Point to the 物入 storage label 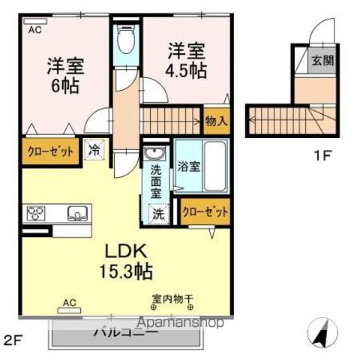point(216,120)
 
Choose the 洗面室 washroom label point(157,180)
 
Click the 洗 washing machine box point(158,213)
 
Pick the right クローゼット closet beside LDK point(205,212)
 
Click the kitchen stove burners point(36,213)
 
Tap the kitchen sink point(76,213)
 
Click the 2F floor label point(14,339)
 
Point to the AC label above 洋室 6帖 point(35,31)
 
